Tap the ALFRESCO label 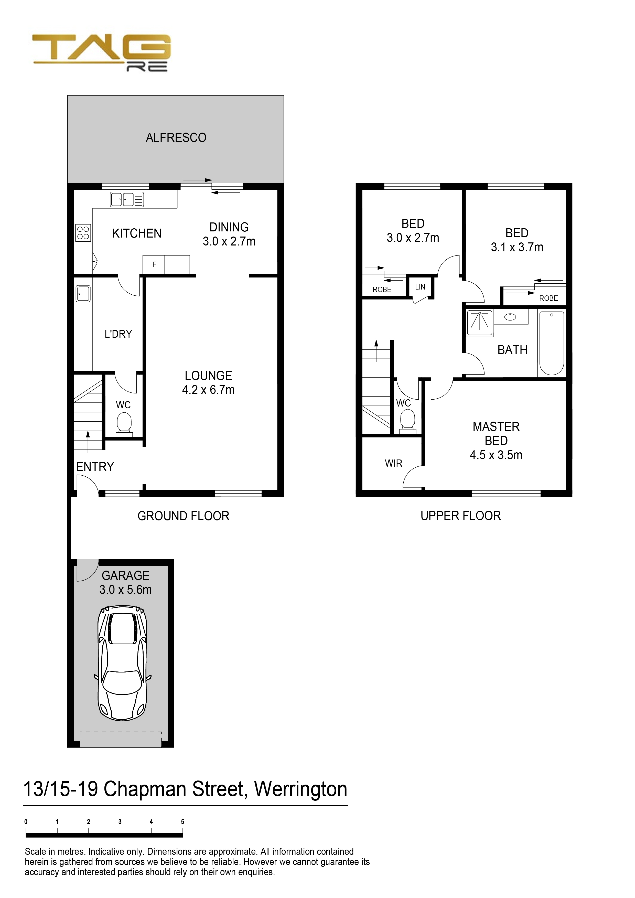176,138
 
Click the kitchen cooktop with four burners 83,232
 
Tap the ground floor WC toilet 124,424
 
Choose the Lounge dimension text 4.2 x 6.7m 208,390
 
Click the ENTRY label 95,467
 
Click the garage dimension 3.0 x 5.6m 125,590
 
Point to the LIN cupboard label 420,287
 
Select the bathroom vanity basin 510,317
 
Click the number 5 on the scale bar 182,822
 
